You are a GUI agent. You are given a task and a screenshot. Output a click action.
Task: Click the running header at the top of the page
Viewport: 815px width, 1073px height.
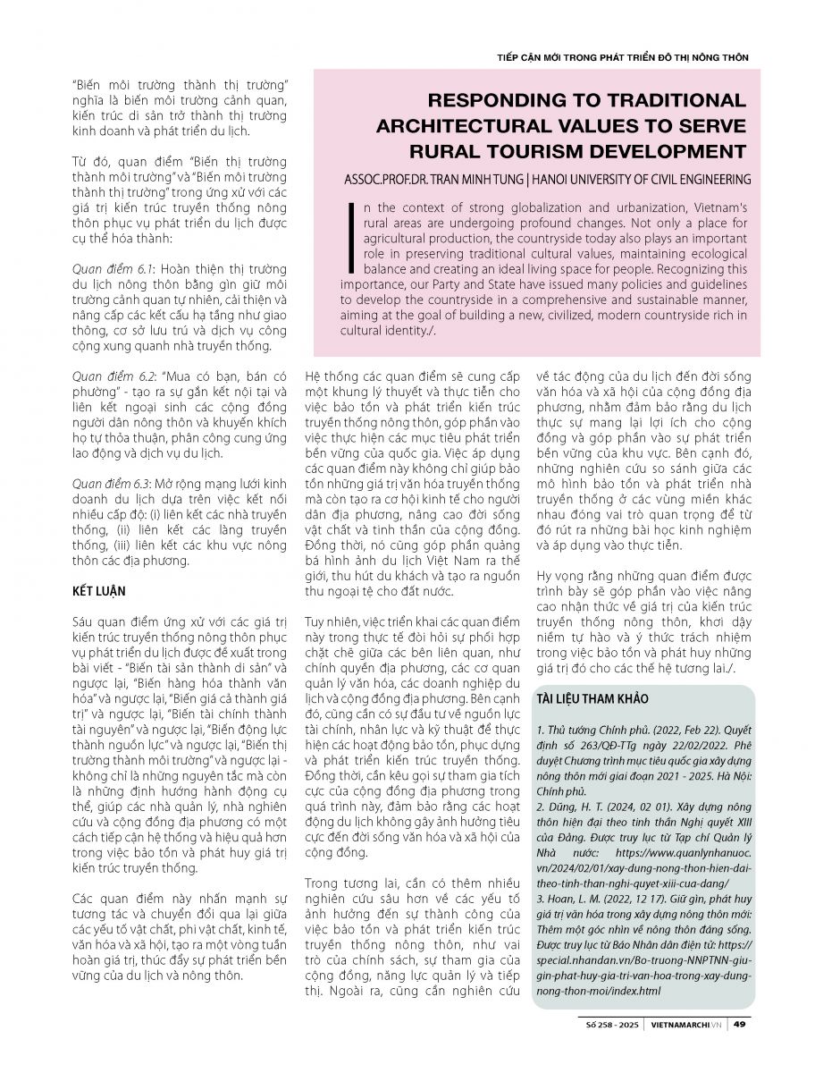point(622,56)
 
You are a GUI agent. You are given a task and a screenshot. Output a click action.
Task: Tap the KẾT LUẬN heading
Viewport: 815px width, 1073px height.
point(100,591)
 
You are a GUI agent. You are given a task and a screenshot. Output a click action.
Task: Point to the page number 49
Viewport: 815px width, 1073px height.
point(741,1025)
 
